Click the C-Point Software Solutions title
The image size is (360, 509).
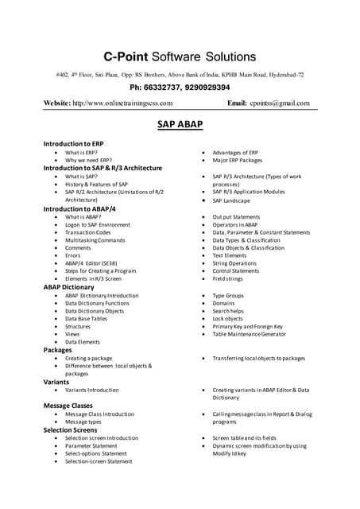(180, 56)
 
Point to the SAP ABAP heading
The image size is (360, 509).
(180, 126)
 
